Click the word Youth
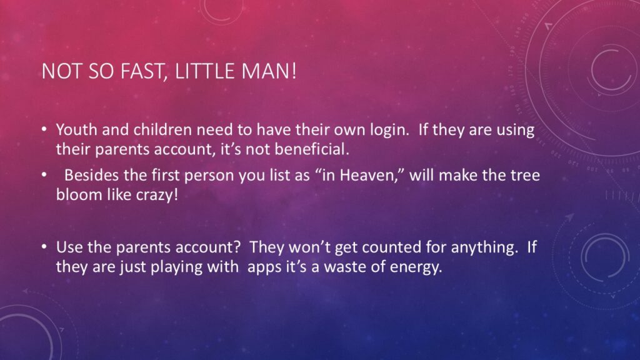(x=77, y=130)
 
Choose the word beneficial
(x=312, y=149)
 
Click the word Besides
(x=92, y=176)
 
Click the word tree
(x=524, y=176)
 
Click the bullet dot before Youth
(x=44, y=130)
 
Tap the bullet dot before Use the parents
(x=44, y=247)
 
